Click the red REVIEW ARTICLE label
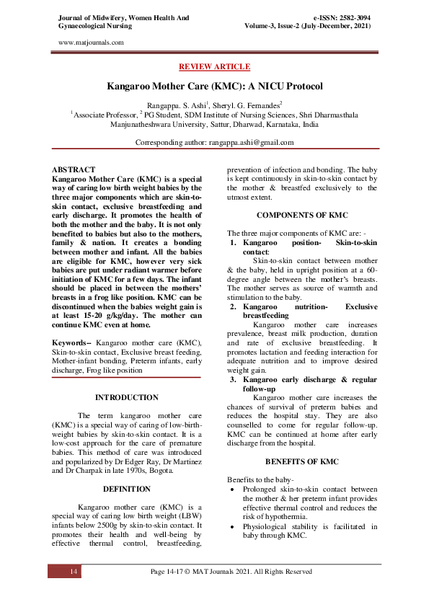(x=214, y=66)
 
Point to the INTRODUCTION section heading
(x=127, y=397)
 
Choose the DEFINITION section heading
(x=127, y=489)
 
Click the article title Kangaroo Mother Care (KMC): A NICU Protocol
(x=214, y=86)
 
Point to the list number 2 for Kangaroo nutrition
(x=234, y=307)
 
